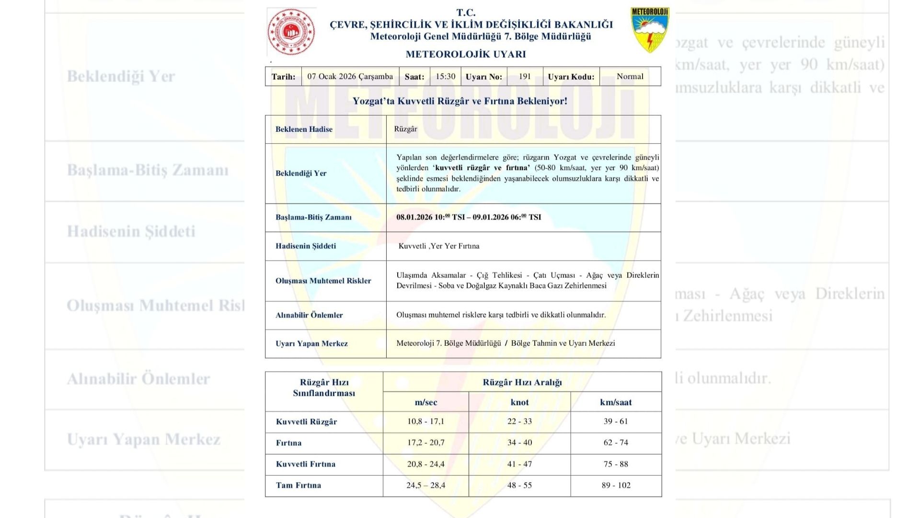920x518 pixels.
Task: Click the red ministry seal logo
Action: (291, 32)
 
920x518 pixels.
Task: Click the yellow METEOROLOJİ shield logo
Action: (650, 30)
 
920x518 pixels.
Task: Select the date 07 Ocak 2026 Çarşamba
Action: (350, 77)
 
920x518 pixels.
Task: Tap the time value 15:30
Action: (445, 77)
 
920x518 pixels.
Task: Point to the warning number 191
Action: (525, 77)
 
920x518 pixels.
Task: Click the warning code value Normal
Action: (630, 77)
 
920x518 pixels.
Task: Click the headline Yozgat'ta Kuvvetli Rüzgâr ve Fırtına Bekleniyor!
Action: (460, 101)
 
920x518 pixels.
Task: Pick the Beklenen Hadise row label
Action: (304, 129)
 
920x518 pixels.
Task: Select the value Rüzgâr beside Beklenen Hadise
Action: (405, 129)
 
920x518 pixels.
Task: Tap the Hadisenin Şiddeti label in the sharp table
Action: (306, 246)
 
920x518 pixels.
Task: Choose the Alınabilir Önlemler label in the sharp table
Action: (309, 315)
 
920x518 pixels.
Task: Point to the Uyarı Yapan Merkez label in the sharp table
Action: (311, 343)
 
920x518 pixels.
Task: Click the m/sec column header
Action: (425, 402)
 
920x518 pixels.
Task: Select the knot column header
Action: (519, 402)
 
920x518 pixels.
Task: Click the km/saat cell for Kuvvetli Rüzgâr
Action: (616, 422)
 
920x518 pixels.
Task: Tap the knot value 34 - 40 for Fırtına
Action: (519, 443)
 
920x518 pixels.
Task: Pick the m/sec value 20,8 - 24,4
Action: (425, 464)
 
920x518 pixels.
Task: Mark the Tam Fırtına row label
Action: (298, 485)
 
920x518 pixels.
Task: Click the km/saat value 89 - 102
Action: (616, 485)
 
